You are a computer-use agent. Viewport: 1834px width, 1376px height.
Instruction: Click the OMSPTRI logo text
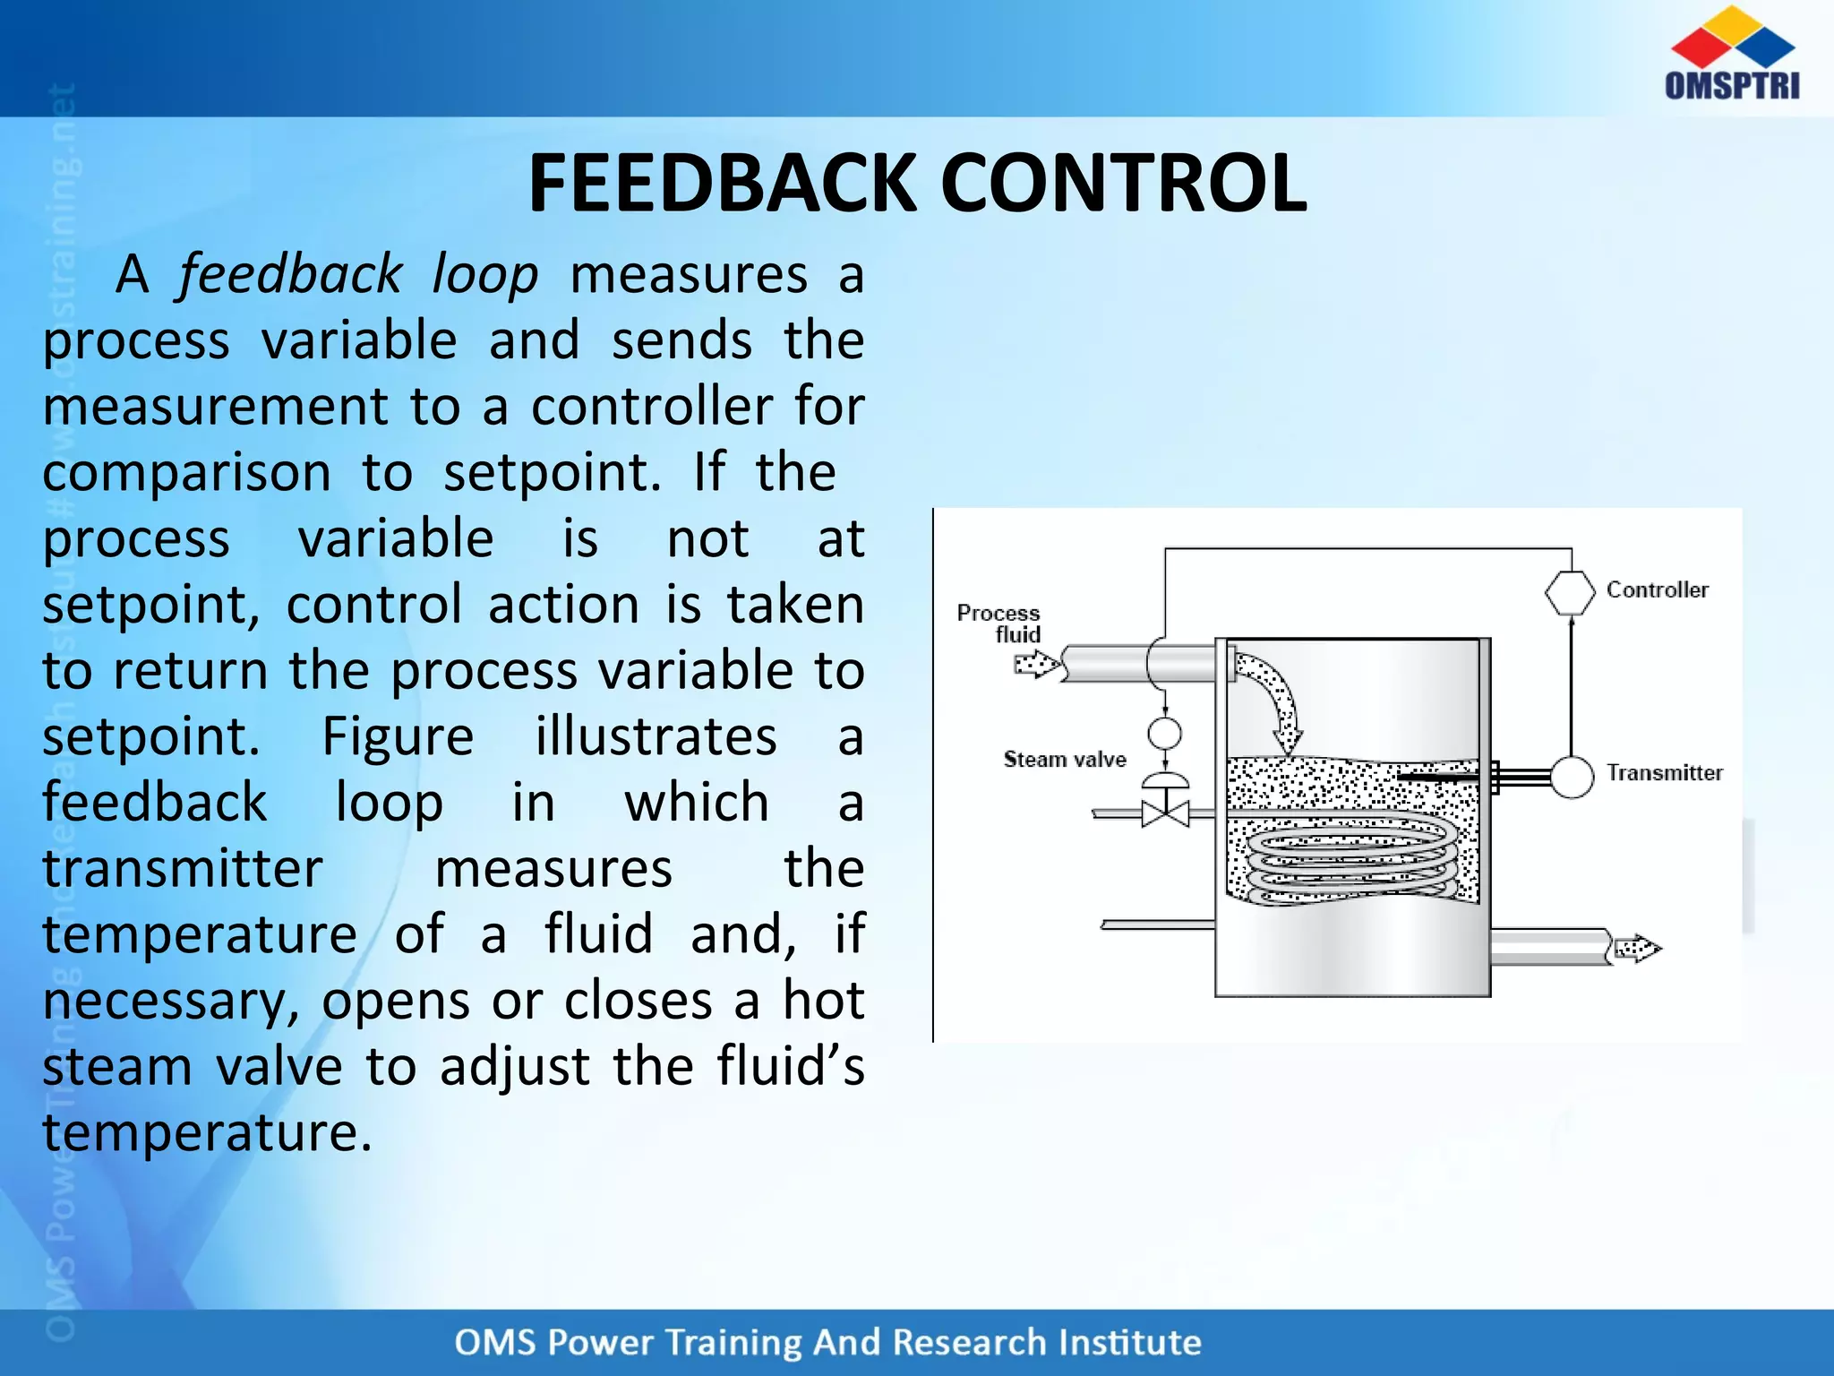pyautogui.click(x=1732, y=85)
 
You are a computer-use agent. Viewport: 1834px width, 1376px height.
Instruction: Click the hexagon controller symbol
pyautogui.click(x=1570, y=592)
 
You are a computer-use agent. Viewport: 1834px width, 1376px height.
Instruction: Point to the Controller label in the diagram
pyautogui.click(x=1657, y=589)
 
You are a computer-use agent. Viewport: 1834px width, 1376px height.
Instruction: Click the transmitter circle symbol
pyautogui.click(x=1572, y=776)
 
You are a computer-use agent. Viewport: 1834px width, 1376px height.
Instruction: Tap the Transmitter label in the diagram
pyautogui.click(x=1664, y=772)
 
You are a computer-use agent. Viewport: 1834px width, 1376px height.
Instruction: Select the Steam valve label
pyautogui.click(x=1064, y=760)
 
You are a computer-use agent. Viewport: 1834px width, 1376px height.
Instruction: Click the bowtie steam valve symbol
pyautogui.click(x=1165, y=813)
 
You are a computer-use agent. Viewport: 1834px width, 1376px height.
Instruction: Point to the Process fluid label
pyautogui.click(x=999, y=623)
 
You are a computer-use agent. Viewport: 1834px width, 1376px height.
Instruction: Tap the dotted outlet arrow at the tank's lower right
pyautogui.click(x=1636, y=948)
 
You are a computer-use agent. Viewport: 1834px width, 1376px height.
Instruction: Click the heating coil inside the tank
pyautogui.click(x=1352, y=860)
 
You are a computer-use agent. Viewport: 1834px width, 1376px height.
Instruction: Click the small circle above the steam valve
pyautogui.click(x=1164, y=733)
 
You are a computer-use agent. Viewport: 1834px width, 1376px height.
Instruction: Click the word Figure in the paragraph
pyautogui.click(x=398, y=736)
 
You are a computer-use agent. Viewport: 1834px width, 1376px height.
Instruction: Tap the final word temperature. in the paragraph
pyautogui.click(x=207, y=1132)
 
